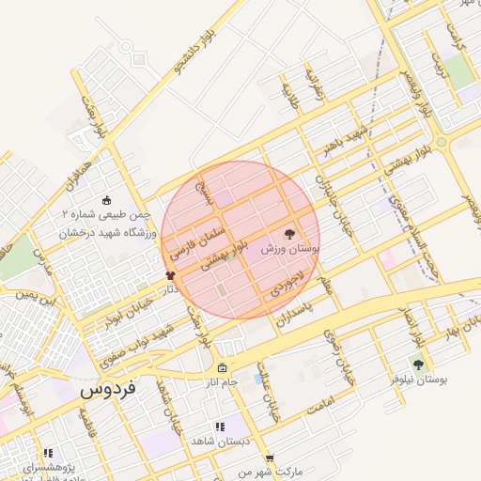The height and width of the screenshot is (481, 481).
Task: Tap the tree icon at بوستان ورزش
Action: [288, 233]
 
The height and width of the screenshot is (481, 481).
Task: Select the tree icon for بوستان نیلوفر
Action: [418, 365]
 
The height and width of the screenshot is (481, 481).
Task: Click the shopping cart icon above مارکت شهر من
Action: [270, 458]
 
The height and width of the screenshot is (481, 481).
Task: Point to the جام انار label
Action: [222, 382]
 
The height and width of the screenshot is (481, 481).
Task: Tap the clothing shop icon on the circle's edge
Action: [170, 275]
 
